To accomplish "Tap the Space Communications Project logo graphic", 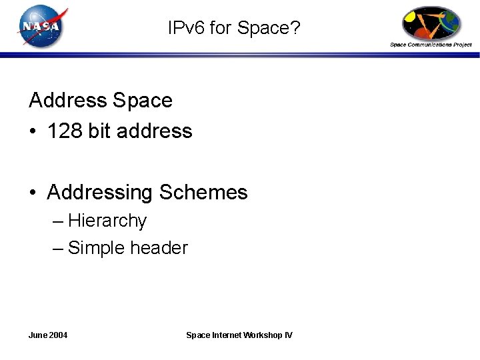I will [x=431, y=24].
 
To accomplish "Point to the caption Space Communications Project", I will [x=431, y=45].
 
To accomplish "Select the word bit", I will [x=99, y=131].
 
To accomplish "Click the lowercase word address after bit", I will [x=154, y=131].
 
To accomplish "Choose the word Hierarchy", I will [x=107, y=221].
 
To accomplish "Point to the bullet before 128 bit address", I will [x=33, y=132].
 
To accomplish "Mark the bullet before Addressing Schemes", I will [x=33, y=193].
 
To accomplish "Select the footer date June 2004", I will [x=48, y=335].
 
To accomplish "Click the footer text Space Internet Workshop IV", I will [x=239, y=335].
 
